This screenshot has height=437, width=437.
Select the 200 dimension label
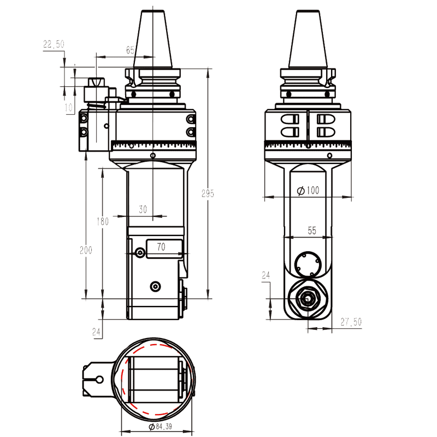pos(86,250)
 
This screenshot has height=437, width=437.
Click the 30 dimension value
pos(143,209)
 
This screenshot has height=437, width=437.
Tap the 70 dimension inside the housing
pos(161,247)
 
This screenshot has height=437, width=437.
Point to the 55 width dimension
pos(311,231)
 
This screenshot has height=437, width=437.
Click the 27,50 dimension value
pos(351,322)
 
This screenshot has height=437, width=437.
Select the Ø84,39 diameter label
pos(156,426)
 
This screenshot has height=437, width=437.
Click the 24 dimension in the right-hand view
pos(266,276)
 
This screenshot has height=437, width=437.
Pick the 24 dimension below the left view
pos(97,331)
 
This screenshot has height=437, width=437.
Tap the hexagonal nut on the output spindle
pos(306,299)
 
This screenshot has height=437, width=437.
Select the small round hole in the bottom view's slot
pos(99,380)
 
